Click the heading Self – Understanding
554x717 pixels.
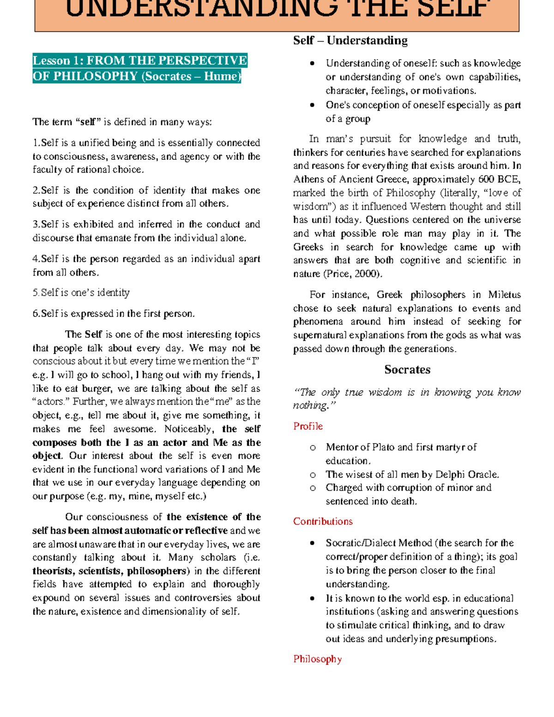(350, 41)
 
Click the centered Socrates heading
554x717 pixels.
(407, 369)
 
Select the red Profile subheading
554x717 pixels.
(308, 426)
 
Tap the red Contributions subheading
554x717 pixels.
(323, 521)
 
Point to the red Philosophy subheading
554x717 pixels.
(317, 659)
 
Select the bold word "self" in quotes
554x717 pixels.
(88, 122)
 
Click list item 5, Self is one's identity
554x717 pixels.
(81, 293)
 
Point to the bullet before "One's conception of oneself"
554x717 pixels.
(313, 105)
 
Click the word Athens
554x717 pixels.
(307, 179)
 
